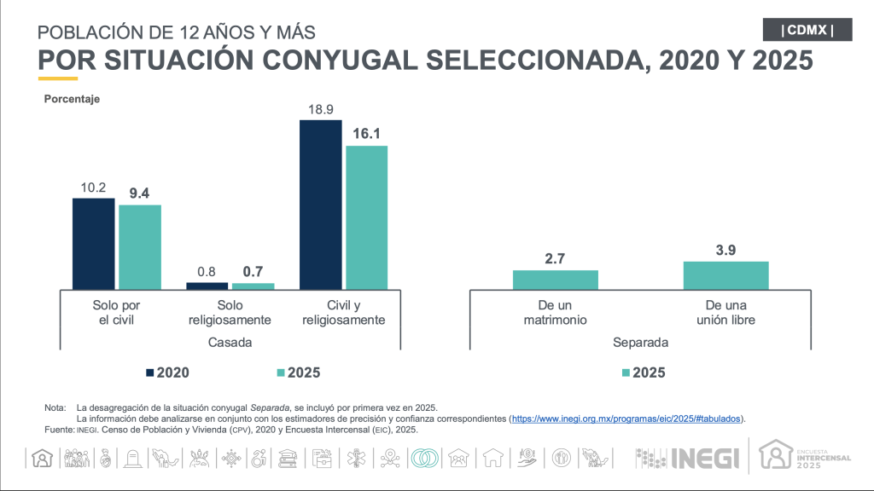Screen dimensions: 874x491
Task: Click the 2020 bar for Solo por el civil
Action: coord(94,244)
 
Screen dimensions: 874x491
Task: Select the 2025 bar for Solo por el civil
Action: coord(140,247)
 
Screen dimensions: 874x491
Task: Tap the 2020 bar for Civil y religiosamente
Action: coord(321,205)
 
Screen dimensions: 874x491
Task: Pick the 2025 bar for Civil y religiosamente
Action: coord(367,217)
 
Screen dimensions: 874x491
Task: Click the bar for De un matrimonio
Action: coord(555,280)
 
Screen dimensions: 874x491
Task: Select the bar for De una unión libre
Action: coord(725,275)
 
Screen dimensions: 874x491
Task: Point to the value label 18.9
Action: coord(321,109)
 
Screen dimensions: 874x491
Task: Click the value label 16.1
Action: coord(366,134)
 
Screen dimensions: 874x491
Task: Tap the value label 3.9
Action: coord(725,251)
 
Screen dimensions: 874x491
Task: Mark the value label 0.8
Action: coord(207,272)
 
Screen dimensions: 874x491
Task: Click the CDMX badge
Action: coord(807,30)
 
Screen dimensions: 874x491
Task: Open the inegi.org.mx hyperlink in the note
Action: coord(626,419)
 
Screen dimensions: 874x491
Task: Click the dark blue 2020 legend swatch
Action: coord(150,373)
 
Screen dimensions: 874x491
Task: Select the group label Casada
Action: coord(230,343)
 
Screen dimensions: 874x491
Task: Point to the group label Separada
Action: coord(640,343)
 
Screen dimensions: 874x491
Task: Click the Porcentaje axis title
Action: coord(72,99)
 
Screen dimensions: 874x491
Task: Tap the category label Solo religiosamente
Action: coord(230,312)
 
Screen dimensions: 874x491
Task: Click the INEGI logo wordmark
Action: coord(705,459)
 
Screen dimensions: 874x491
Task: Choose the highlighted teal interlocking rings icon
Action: coord(425,458)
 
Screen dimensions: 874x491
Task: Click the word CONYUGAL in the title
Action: coord(340,61)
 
